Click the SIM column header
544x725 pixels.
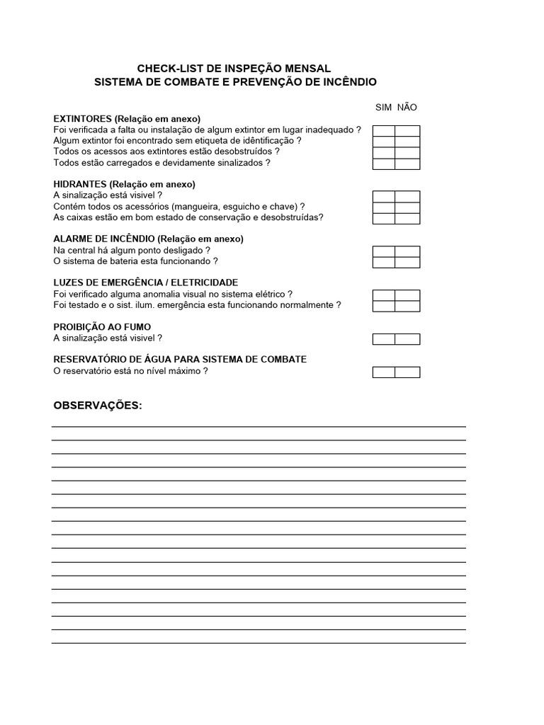pos(383,107)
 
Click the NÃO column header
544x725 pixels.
pos(407,107)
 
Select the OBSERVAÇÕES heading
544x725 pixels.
pos(98,405)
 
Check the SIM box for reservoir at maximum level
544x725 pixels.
pos(384,372)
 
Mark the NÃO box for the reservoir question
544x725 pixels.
pos(407,372)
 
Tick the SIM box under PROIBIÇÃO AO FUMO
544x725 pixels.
pos(384,339)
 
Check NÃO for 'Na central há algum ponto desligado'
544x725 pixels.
pos(407,251)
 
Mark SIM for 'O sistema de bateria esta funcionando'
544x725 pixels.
pos(384,263)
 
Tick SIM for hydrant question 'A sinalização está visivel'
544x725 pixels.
pos(384,196)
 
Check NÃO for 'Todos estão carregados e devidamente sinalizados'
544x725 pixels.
pos(407,164)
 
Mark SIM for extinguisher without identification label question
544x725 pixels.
pos(384,142)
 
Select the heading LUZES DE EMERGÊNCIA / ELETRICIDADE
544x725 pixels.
pos(146,282)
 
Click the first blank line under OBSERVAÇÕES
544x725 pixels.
pos(259,426)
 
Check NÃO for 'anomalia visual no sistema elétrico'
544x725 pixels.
pos(407,295)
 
